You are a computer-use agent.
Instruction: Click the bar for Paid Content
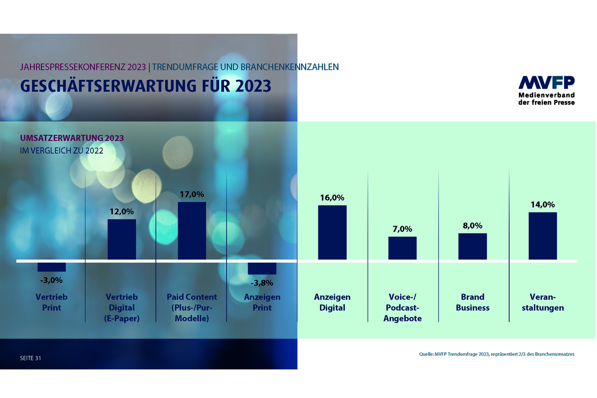tap(192, 230)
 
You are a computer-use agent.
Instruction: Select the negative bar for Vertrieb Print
tap(52, 267)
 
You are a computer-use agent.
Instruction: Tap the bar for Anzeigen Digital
tap(332, 232)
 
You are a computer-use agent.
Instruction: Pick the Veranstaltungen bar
tap(542, 236)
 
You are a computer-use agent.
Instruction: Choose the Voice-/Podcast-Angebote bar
tap(402, 248)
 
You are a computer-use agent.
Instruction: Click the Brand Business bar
tap(472, 246)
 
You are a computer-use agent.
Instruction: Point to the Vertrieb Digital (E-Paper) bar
tap(122, 239)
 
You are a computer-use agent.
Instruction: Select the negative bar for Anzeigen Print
tap(262, 268)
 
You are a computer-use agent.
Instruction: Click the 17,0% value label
tap(192, 194)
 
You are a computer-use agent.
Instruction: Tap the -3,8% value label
tap(262, 283)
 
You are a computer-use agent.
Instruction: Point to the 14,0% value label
tap(542, 204)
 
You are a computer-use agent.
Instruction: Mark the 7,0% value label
tap(402, 229)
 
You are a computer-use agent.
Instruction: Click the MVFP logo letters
tap(546, 83)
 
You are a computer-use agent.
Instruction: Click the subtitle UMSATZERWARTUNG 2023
tap(72, 138)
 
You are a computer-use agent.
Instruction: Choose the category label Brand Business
tap(472, 302)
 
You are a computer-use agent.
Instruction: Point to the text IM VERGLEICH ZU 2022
tap(61, 151)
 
